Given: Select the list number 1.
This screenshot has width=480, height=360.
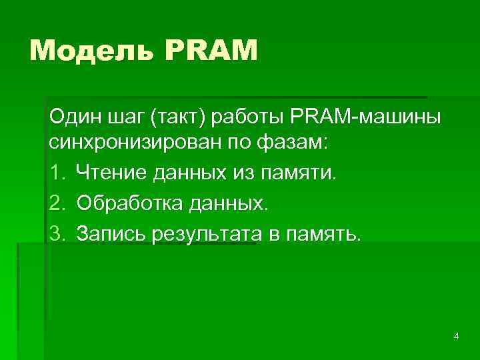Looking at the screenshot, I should [x=56, y=173].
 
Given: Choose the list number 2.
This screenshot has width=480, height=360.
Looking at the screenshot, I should [x=56, y=203].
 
